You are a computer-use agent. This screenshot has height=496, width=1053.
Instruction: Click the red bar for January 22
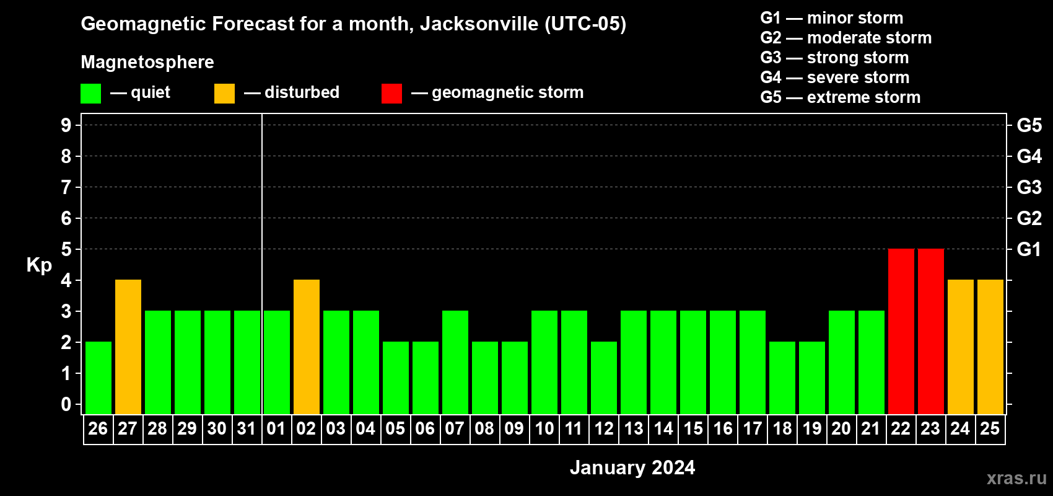pyautogui.click(x=901, y=331)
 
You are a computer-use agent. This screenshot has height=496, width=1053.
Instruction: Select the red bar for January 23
pyautogui.click(x=930, y=331)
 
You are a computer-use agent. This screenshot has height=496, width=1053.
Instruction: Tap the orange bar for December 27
pyautogui.click(x=128, y=347)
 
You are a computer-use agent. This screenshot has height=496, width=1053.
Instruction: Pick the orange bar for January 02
pyautogui.click(x=307, y=347)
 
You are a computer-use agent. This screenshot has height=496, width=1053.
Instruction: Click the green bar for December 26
pyautogui.click(x=98, y=378)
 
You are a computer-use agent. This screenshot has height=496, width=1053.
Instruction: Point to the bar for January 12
pyautogui.click(x=604, y=378)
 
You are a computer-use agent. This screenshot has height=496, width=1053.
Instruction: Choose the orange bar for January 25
pyautogui.click(x=990, y=347)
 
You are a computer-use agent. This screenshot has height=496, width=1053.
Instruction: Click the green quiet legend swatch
pyautogui.click(x=90, y=94)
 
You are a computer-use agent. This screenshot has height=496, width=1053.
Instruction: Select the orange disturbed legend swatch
pyautogui.click(x=224, y=94)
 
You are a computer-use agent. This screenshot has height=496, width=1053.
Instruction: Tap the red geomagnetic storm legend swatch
pyautogui.click(x=391, y=94)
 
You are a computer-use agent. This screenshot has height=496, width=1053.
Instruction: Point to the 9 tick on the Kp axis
pyautogui.click(x=66, y=125)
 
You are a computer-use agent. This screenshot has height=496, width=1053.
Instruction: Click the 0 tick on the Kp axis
pyautogui.click(x=66, y=405)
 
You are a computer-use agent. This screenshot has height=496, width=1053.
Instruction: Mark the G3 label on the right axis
pyautogui.click(x=1029, y=187)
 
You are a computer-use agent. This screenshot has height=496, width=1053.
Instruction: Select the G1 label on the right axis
pyautogui.click(x=1029, y=249)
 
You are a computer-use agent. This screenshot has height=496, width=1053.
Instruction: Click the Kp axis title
pyautogui.click(x=39, y=265)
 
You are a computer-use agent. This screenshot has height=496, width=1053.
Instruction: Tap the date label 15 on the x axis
pyautogui.click(x=693, y=428)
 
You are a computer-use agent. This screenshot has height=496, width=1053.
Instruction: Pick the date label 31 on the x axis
pyautogui.click(x=247, y=428)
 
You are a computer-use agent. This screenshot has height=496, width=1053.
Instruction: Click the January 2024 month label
pyautogui.click(x=632, y=467)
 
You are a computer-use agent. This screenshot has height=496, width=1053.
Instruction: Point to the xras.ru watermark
pyautogui.click(x=1016, y=478)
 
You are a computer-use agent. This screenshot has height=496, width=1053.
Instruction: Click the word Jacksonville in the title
pyautogui.click(x=479, y=24)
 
